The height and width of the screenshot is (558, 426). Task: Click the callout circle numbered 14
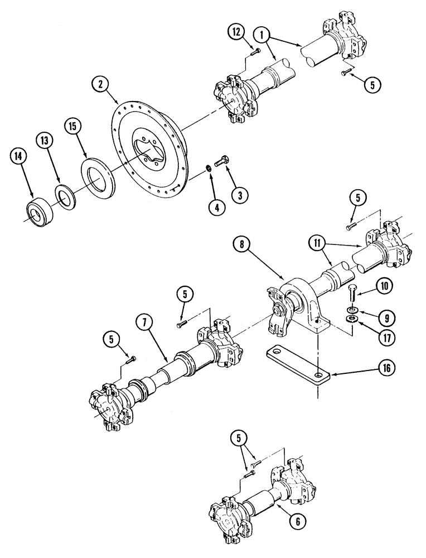[18, 158]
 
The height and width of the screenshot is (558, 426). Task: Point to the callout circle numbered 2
[100, 85]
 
